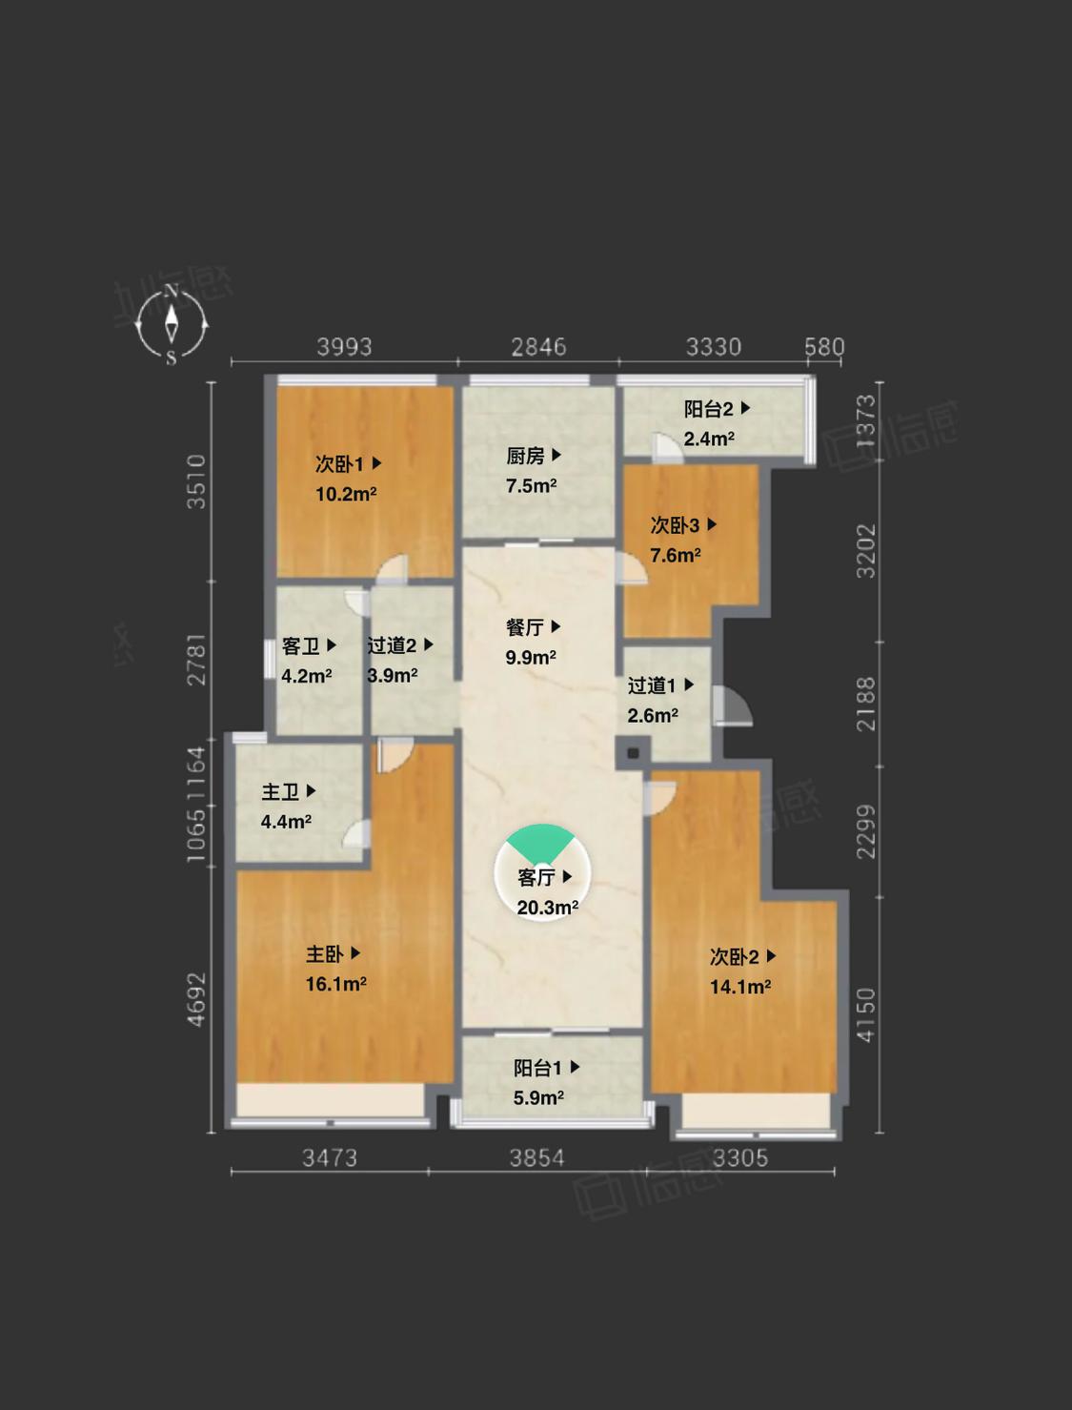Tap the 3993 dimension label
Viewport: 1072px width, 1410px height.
tap(345, 347)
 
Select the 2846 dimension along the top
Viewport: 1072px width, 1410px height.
tap(538, 347)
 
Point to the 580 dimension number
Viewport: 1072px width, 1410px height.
tap(824, 347)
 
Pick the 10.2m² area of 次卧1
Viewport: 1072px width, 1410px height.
tap(345, 493)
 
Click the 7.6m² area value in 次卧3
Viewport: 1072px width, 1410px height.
tap(675, 555)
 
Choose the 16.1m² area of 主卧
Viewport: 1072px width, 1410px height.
tap(335, 984)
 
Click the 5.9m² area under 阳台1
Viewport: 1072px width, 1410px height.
tap(538, 1098)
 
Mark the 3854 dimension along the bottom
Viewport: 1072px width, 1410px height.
tap(536, 1158)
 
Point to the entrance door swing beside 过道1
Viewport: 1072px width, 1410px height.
tap(732, 706)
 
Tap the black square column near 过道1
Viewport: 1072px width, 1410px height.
tap(633, 753)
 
